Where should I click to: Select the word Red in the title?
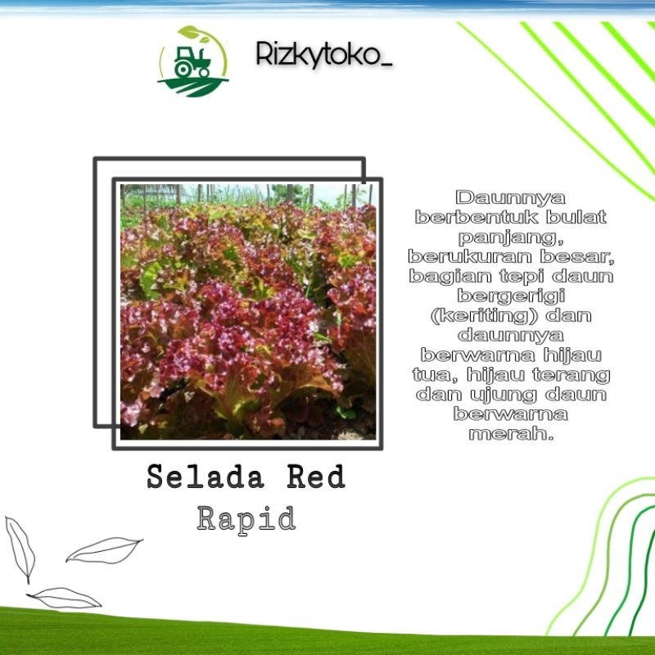coord(316,477)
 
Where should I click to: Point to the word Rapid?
coord(246,518)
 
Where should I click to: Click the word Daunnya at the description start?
coord(510,198)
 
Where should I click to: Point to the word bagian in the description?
coord(445,277)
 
